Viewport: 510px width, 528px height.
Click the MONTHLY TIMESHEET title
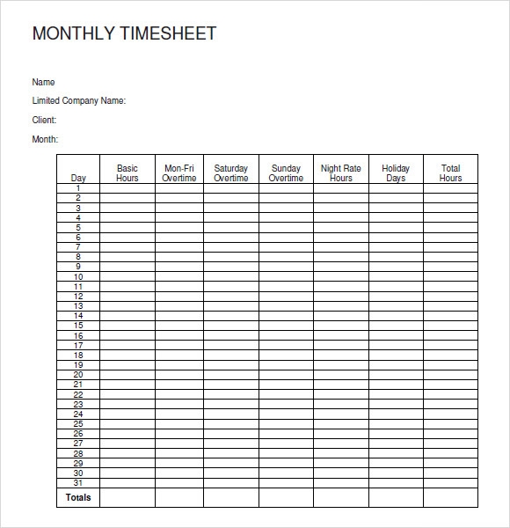(124, 34)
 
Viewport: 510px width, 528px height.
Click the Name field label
(44, 83)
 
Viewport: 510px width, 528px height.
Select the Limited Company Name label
(79, 101)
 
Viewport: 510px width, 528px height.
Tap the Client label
(45, 121)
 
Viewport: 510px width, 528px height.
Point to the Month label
(45, 139)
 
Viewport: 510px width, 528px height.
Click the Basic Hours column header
(127, 173)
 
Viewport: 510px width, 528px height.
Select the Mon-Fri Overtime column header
(179, 173)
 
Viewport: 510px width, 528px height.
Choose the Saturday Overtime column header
(231, 173)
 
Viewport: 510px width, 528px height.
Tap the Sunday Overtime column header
(286, 173)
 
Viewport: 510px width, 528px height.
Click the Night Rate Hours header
(341, 173)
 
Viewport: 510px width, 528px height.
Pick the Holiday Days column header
(396, 173)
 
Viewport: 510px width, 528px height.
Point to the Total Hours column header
(450, 173)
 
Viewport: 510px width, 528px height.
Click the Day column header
(78, 178)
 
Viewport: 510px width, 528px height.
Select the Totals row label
(78, 498)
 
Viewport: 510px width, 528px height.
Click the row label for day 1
(78, 188)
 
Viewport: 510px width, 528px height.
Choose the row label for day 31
(78, 482)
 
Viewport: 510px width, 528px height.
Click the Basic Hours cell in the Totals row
(127, 498)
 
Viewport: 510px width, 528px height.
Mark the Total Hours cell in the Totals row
(450, 498)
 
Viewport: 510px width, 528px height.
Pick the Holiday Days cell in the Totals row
(396, 498)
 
